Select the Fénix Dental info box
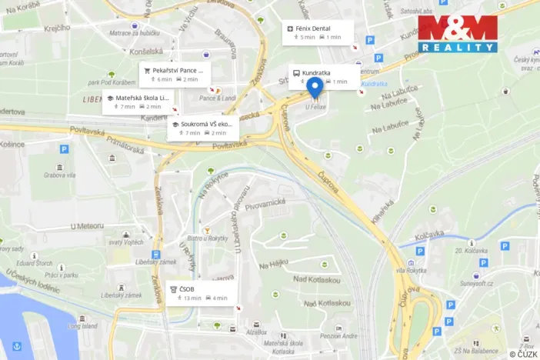(x=318, y=32)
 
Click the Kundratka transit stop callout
(x=323, y=77)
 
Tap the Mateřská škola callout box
(x=138, y=102)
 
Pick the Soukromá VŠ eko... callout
(x=203, y=128)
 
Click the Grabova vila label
(x=59, y=175)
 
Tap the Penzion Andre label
(x=338, y=335)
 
